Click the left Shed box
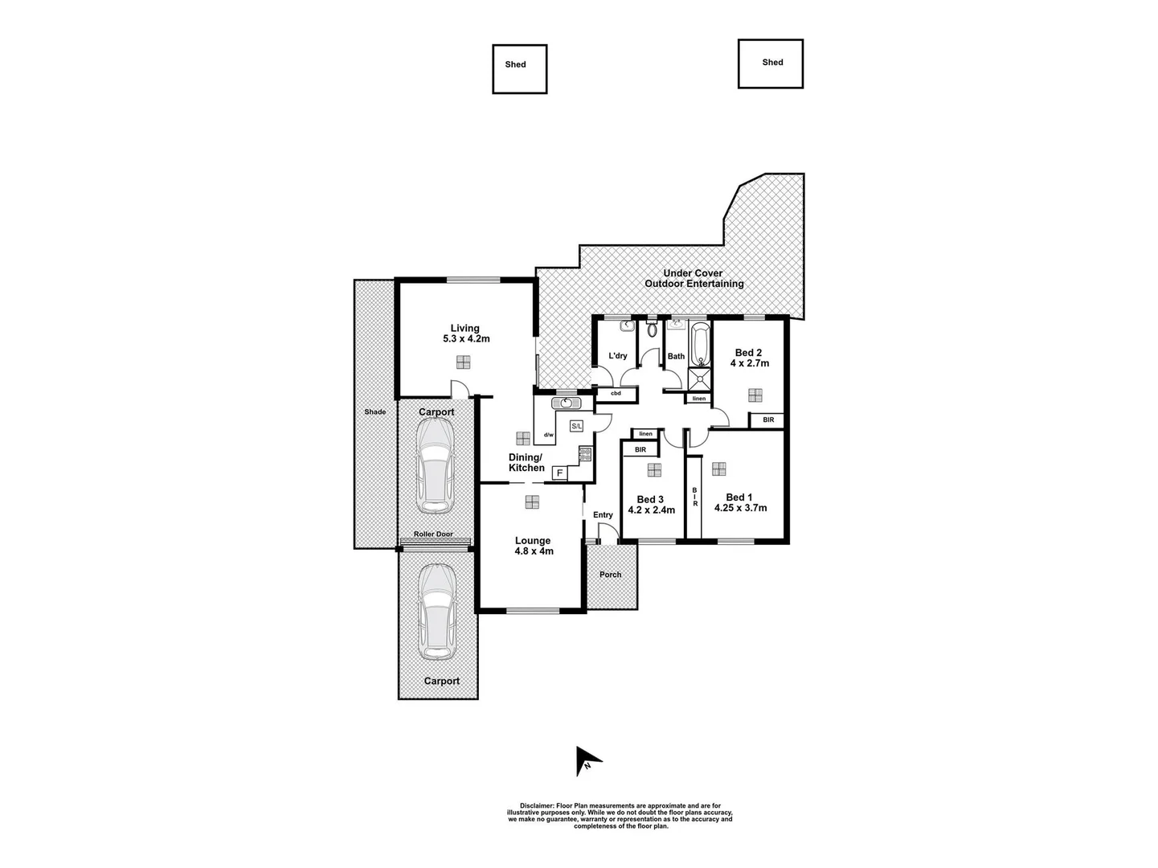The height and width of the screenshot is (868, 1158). coord(519,69)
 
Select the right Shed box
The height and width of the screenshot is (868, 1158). coord(770,63)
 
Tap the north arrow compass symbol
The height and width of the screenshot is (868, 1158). coord(587,761)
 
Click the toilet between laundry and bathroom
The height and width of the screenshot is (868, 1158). coord(652,329)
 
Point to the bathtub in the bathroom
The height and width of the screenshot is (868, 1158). coord(699,342)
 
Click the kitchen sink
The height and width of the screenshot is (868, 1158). coord(566,403)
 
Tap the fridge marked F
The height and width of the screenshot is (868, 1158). coord(559,473)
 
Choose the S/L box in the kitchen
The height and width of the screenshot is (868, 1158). coord(576,426)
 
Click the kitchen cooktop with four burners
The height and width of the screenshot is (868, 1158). coord(584,455)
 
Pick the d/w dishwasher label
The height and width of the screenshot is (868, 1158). coord(548,435)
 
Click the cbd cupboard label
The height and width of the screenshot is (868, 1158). coord(616,394)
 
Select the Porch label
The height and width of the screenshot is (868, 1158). coord(611,575)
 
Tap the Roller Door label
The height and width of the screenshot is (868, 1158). coord(433,534)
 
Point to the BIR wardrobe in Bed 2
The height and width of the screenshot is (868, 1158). coord(768,420)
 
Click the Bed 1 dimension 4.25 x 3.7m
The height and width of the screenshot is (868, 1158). coord(746,508)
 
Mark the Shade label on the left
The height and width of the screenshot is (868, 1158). coord(374,411)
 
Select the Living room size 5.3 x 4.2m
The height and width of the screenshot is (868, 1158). coord(466,339)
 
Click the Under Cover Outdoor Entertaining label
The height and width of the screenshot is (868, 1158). coord(694,279)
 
